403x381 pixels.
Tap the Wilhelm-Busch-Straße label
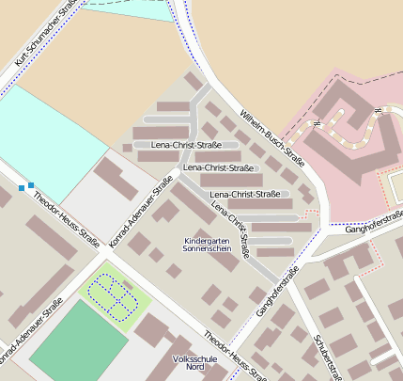tap(273, 135)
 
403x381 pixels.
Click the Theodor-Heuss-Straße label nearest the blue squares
tap(66, 216)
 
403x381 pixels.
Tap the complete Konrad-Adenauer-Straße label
tap(142, 211)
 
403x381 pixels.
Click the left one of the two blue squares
tap(22, 188)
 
